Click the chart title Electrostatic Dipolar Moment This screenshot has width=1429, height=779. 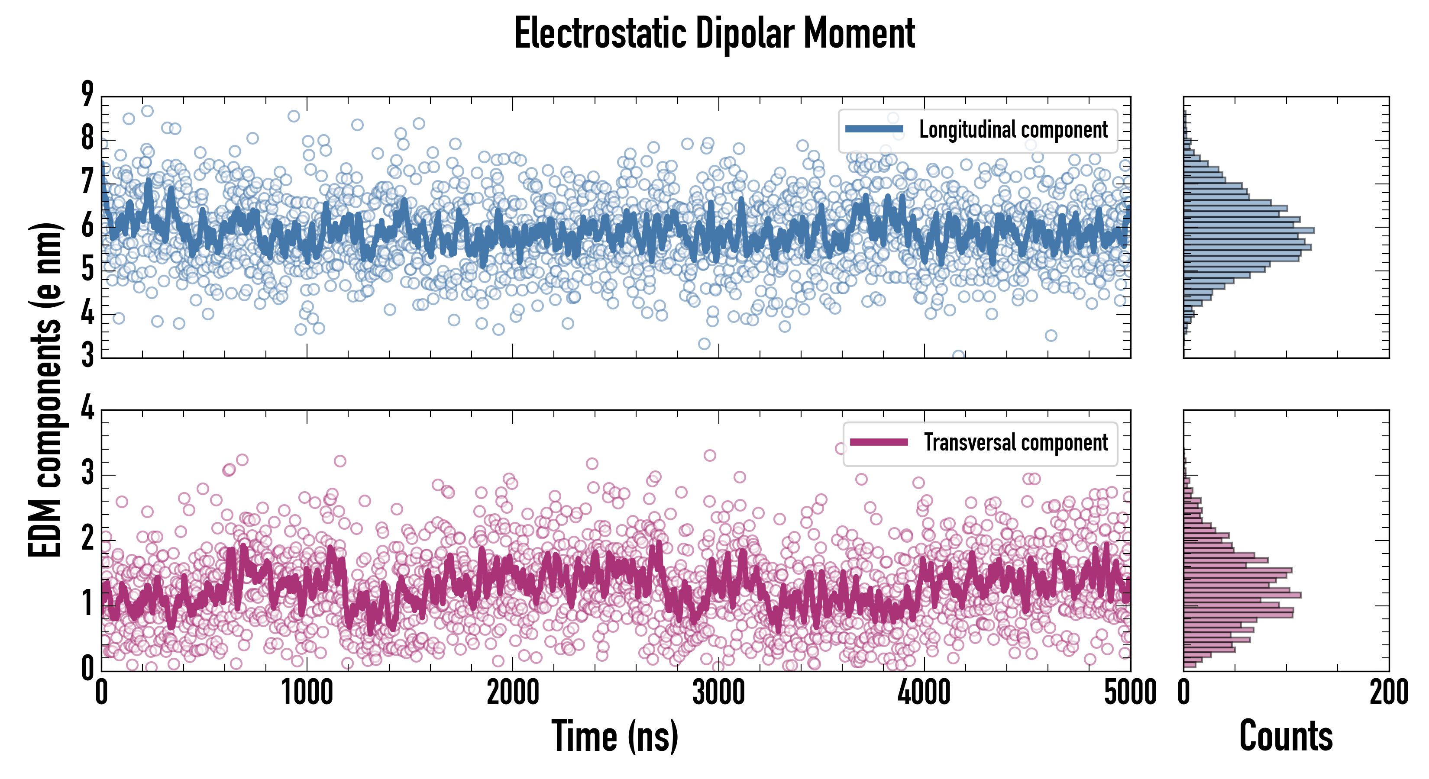pos(714,33)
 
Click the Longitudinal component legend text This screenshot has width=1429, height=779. pos(1013,130)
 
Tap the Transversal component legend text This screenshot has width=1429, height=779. pos(1015,442)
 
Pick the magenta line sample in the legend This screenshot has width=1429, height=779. pos(879,442)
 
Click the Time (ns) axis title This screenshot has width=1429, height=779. pos(614,736)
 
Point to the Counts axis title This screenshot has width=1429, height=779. pos(1286,736)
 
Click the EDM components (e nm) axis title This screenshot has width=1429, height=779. pos(45,390)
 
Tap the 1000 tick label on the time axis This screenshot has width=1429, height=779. pos(307,693)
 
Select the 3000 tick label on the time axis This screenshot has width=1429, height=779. pos(718,693)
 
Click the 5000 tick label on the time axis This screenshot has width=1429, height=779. pos(1130,693)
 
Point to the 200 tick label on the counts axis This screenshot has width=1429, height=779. pos(1388,693)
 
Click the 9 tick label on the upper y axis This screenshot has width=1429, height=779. pos(87,94)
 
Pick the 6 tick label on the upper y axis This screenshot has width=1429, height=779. pos(87,226)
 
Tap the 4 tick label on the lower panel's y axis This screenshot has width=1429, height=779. pos(87,409)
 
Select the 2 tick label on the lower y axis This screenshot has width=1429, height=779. pos(87,539)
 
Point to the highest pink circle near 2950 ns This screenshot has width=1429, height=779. pos(709,456)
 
